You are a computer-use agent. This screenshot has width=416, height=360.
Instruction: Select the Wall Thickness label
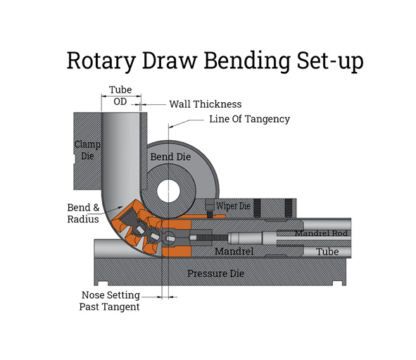click(x=205, y=104)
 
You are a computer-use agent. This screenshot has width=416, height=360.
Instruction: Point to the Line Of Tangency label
click(x=249, y=119)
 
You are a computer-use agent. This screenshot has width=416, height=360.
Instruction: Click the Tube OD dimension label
click(x=120, y=96)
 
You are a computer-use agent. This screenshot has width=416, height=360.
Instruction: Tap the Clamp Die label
click(x=87, y=150)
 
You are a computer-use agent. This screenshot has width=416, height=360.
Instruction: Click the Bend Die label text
click(x=170, y=156)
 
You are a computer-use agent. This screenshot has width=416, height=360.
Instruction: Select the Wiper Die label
click(x=232, y=206)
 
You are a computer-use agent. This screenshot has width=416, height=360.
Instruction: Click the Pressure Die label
click(x=215, y=273)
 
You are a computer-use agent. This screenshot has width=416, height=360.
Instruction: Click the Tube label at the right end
click(x=327, y=252)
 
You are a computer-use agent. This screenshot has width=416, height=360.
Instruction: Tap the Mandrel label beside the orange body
click(x=233, y=251)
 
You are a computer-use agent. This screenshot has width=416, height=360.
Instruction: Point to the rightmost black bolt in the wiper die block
click(x=287, y=207)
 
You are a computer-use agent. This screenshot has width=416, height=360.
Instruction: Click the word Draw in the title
click(x=170, y=61)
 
